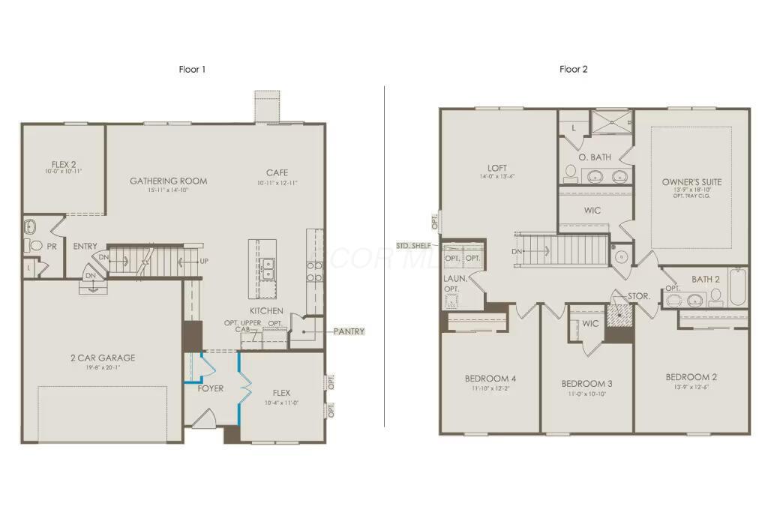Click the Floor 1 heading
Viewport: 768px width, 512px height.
[192, 70]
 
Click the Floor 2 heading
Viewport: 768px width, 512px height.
[573, 70]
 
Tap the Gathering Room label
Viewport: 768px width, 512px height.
[168, 181]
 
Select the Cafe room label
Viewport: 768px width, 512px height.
[277, 173]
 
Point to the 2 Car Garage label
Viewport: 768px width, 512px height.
[103, 358]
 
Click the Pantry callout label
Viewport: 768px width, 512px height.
[349, 331]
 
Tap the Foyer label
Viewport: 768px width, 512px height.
[211, 388]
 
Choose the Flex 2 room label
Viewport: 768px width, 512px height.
[63, 163]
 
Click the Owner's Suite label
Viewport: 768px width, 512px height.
[691, 182]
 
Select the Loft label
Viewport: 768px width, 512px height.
[496, 168]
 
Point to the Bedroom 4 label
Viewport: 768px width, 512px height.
[490, 378]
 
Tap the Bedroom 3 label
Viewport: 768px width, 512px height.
[586, 384]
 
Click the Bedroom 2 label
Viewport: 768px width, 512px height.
[691, 377]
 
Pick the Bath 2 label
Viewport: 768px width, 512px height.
[705, 280]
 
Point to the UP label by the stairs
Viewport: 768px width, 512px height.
[203, 262]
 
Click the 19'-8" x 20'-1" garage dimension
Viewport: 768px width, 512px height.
[103, 368]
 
